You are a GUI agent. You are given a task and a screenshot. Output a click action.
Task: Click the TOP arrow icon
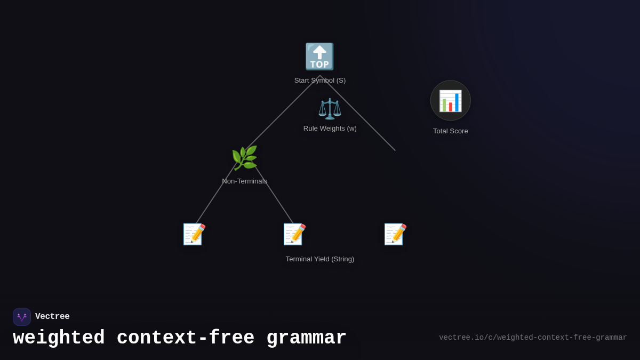[x=319, y=57]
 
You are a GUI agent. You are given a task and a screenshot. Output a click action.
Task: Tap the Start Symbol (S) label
[x=320, y=81]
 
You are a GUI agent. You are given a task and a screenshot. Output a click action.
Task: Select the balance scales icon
[x=330, y=109]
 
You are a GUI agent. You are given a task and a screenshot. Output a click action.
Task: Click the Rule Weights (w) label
[x=330, y=129]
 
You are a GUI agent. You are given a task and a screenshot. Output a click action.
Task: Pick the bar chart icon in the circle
[x=451, y=101]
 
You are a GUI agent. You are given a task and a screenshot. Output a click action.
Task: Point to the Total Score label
[x=451, y=131]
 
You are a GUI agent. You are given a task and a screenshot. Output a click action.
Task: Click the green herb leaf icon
[x=244, y=158]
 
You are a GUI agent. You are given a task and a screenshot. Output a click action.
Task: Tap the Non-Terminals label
[x=245, y=181]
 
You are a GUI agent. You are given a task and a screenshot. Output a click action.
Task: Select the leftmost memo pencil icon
[x=194, y=234]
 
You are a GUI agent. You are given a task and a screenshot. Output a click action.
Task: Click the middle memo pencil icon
[x=294, y=234]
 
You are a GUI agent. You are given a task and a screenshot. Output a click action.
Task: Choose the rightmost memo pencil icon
[x=395, y=234]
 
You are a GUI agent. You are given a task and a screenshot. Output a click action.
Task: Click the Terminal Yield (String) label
[x=320, y=259]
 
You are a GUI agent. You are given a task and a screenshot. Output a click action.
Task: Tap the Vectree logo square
[x=22, y=317]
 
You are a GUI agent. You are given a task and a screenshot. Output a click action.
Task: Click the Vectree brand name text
[x=52, y=317]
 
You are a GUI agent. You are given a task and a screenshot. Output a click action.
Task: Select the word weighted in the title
[x=59, y=338]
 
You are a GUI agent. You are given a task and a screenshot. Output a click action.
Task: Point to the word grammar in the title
[x=306, y=338]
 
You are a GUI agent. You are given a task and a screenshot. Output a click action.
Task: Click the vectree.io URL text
[x=533, y=338]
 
